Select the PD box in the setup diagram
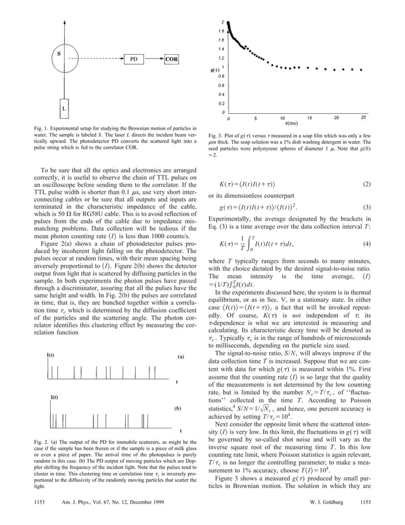(x=134, y=60)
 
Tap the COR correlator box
(x=171, y=60)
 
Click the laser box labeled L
(x=64, y=109)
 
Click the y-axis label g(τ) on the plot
(x=216, y=69)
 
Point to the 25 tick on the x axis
(x=362, y=118)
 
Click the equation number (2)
(x=366, y=184)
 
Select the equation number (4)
(x=366, y=244)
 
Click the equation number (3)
(x=366, y=208)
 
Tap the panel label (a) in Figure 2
(x=180, y=357)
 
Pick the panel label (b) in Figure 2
(x=178, y=409)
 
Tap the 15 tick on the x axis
(x=309, y=118)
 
